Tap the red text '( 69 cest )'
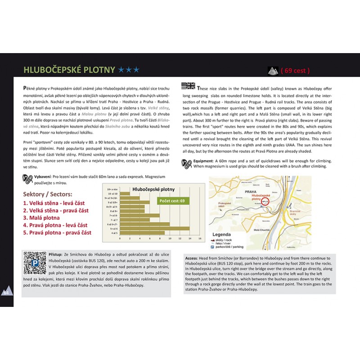click(295, 70)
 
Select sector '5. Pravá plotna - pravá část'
click(57, 233)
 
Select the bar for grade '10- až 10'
click(126, 193)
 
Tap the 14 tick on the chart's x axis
click(190, 238)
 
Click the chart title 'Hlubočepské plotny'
click(153, 189)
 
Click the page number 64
click(6, 292)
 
